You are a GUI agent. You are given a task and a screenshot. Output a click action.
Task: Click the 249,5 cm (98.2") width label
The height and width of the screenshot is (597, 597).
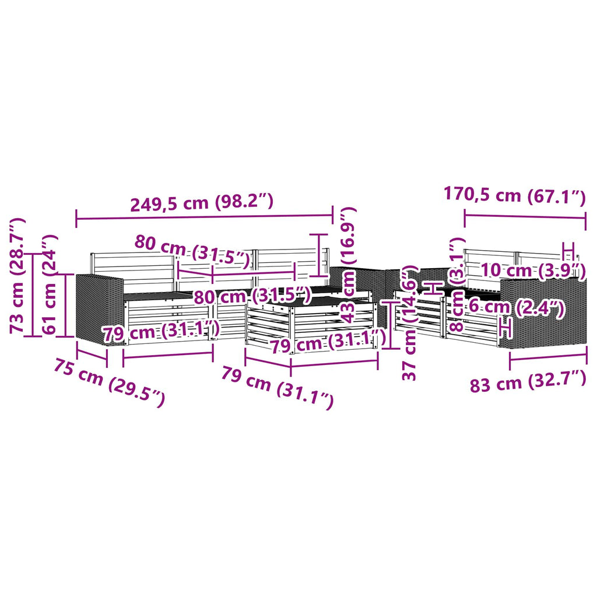coord(202,202)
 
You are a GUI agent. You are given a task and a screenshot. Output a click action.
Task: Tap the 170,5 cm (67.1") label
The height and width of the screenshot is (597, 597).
coord(514,196)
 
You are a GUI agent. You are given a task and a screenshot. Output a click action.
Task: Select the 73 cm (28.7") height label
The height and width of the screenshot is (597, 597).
coord(17,276)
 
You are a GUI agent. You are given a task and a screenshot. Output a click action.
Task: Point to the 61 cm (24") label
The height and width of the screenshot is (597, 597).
coord(50,285)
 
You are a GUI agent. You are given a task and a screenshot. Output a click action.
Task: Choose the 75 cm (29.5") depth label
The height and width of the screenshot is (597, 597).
coord(109,382)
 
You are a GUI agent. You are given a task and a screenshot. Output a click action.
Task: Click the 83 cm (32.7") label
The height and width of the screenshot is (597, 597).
coord(528,381)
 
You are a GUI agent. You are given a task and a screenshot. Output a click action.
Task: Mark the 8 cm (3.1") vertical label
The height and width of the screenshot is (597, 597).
coord(456,284)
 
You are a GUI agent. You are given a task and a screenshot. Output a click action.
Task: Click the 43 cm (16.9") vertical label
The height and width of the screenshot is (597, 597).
coord(348,265)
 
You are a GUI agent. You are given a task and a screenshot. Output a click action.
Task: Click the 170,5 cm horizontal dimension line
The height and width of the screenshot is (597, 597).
coord(525,217)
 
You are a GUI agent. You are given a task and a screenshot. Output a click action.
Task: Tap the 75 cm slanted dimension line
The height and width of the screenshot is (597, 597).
coord(92,353)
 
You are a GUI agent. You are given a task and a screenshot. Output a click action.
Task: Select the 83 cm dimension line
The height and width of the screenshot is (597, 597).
coord(548,357)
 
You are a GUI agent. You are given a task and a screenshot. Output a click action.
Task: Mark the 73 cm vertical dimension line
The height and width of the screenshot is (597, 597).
coord(33,294)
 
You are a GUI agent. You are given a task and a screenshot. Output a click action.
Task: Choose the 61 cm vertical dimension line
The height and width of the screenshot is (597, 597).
coord(66,305)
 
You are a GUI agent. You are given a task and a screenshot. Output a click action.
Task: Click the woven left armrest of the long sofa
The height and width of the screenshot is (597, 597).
coord(100,309)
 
